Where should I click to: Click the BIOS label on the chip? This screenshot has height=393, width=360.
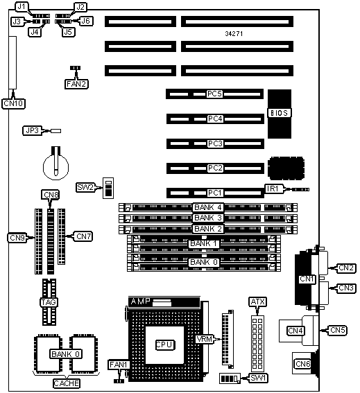[280, 113]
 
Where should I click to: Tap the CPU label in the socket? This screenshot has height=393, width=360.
[164, 345]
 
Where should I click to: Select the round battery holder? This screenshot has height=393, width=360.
[55, 166]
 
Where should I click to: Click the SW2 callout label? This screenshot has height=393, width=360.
[85, 187]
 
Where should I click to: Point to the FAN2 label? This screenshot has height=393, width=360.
[76, 84]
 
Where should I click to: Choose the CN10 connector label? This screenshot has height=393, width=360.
[14, 103]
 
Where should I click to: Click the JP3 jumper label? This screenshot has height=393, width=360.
[33, 130]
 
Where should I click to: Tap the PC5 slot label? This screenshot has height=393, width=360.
[215, 94]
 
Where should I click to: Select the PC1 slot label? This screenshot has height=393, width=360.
[215, 193]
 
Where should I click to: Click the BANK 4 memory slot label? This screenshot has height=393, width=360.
[208, 207]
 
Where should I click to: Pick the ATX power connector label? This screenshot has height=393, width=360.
[257, 302]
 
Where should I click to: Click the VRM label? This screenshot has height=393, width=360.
[205, 339]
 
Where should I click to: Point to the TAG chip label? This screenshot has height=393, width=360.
[49, 302]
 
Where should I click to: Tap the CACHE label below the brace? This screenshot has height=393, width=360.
[67, 383]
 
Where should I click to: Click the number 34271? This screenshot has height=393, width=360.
[234, 33]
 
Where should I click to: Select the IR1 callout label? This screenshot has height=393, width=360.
[273, 189]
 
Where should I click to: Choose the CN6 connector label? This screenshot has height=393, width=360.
[303, 363]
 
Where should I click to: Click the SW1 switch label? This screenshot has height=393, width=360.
[258, 378]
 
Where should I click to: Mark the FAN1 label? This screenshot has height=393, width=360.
[119, 365]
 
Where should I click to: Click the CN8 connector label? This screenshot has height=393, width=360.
[51, 195]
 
